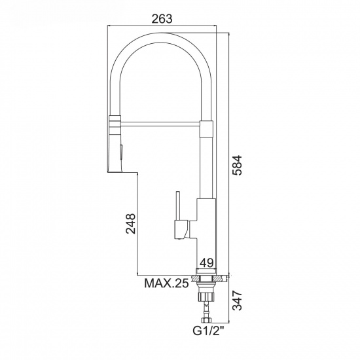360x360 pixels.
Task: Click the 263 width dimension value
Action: (x=162, y=19)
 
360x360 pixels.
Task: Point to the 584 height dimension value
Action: (x=237, y=166)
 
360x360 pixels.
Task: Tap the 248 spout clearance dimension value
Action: (x=130, y=224)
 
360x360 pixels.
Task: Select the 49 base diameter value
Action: (x=207, y=262)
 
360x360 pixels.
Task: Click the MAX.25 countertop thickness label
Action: (x=167, y=283)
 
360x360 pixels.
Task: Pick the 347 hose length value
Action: (x=237, y=301)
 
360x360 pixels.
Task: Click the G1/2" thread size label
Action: (x=208, y=331)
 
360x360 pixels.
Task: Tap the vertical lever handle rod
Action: (x=177, y=206)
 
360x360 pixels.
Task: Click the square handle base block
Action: (x=181, y=230)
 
